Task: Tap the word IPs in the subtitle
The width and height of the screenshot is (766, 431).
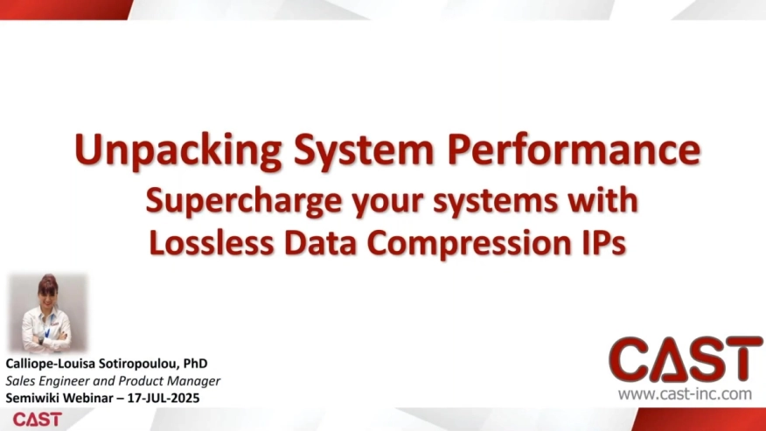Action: coord(603,242)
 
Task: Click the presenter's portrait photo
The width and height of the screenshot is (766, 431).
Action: coord(48,313)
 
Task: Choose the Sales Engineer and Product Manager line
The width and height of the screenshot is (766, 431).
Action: coord(113,380)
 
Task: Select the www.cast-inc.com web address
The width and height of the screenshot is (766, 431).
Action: coord(685,394)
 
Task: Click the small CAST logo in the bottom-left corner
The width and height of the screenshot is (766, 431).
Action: coord(38,419)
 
